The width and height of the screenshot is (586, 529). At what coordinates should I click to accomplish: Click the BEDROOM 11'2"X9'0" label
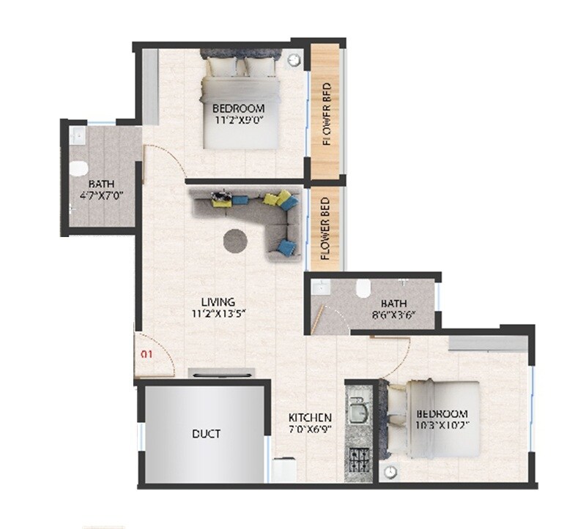pos(240,114)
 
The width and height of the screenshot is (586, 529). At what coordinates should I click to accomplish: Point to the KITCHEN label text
pos(310,422)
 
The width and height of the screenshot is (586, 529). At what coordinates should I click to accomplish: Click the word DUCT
pos(206,434)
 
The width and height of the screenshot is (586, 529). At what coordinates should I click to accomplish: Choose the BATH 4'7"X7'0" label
pos(102,190)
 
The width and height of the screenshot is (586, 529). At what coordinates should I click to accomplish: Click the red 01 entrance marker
pos(145,355)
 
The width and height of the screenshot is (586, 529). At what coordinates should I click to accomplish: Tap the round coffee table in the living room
pos(234,239)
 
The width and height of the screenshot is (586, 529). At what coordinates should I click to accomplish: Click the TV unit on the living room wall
pos(222,373)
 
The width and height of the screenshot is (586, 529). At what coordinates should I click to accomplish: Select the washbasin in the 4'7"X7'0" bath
pos(77,136)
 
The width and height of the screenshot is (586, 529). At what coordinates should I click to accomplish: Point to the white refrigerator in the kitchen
pos(285,469)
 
